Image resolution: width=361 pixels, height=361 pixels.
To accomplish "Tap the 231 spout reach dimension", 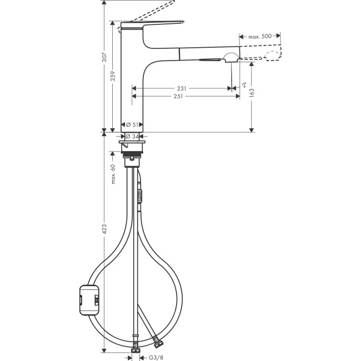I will coord(181,88).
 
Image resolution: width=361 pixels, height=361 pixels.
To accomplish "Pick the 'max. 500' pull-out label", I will coord(260,36).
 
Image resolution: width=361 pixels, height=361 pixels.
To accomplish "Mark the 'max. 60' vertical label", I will coord(113,174).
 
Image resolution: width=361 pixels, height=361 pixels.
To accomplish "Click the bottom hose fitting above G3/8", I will coord(135,349).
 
